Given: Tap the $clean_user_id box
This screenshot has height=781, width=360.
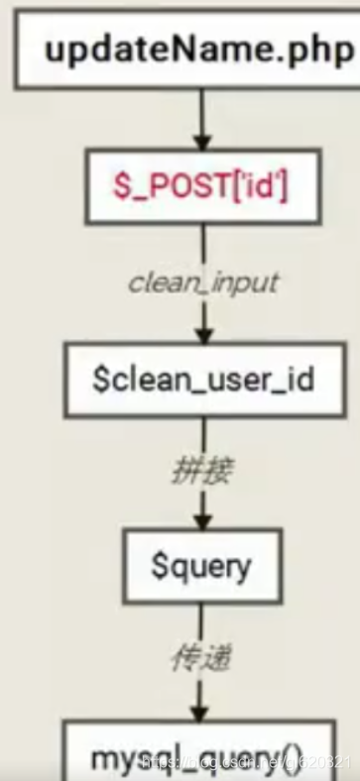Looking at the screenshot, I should (204, 380).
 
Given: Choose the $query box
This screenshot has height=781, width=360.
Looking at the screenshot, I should (202, 566).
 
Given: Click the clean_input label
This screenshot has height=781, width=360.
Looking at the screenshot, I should (203, 282).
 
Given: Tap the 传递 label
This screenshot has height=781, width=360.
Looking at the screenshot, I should (202, 659).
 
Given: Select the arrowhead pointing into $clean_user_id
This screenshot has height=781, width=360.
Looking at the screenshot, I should (203, 333).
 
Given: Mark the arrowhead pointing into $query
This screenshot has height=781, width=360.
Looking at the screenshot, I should (203, 522).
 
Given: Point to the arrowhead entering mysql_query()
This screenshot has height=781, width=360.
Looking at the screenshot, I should (203, 712).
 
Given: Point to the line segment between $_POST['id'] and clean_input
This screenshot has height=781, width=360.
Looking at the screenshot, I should (203, 243).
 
